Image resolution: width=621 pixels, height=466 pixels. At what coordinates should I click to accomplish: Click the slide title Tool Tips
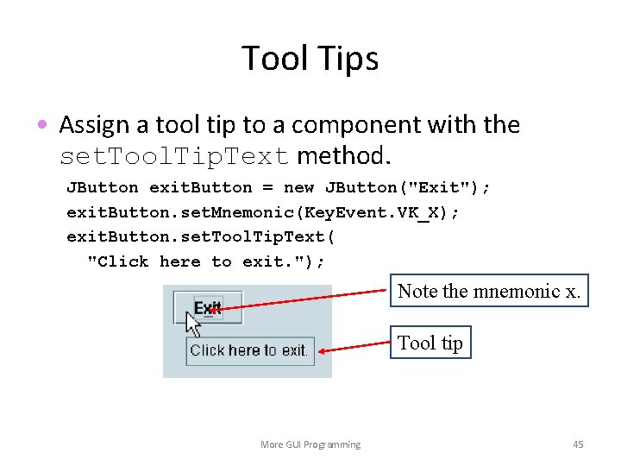[310, 59]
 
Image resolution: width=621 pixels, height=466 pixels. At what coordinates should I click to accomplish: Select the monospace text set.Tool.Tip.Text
[172, 157]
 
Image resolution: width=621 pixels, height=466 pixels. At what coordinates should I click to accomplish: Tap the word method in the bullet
[342, 157]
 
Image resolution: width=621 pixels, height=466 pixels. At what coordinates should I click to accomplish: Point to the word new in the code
[298, 187]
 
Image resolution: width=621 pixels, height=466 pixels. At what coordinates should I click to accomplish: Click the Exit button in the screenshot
[208, 307]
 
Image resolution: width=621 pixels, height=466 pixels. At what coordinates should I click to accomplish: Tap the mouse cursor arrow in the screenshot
[193, 324]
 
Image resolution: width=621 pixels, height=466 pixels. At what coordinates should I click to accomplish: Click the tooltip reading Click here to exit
[248, 350]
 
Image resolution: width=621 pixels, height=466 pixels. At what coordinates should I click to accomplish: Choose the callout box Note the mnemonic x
[488, 292]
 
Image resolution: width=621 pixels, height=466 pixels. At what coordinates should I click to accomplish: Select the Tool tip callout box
[430, 343]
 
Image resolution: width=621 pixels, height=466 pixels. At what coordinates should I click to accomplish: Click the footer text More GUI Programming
[310, 444]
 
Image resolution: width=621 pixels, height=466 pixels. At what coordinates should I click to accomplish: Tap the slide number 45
[578, 444]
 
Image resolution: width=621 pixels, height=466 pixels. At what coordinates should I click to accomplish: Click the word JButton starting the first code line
[102, 187]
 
